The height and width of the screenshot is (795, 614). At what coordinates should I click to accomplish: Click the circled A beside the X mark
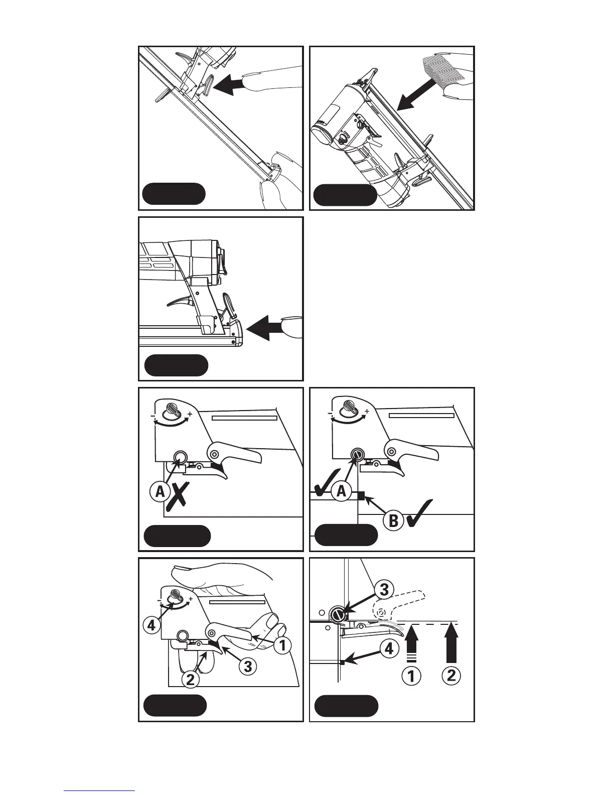coord(160,491)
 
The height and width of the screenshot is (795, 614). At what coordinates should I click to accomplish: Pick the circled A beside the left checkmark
coord(342,491)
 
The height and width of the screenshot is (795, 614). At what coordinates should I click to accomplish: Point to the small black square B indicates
coord(360,496)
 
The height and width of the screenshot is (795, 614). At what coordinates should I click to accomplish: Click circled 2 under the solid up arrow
coord(451,676)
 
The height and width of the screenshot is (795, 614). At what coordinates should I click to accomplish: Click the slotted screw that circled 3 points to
coord(337,613)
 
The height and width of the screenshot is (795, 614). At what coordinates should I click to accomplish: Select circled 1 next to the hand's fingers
coord(283,645)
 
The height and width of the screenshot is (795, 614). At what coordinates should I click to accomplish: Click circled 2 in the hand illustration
coord(190,680)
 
